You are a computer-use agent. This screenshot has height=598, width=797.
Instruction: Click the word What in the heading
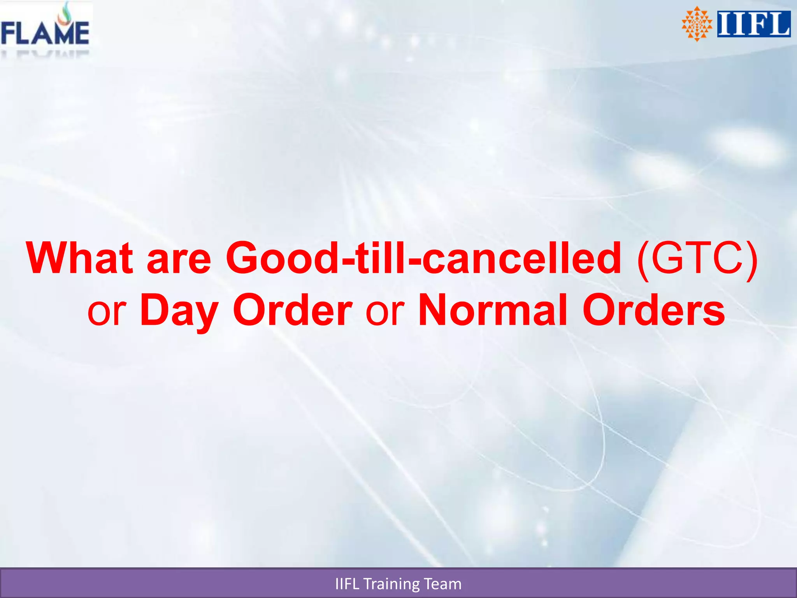(80, 258)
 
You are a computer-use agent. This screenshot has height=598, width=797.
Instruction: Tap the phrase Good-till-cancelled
(423, 258)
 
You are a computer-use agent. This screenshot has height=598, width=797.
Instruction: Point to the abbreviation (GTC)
(697, 259)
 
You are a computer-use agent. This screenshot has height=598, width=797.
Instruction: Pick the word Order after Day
(292, 310)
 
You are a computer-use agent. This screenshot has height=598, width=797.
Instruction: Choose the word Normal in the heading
(492, 310)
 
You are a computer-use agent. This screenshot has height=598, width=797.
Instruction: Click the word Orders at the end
(653, 310)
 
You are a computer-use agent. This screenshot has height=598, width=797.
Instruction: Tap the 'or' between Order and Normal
(385, 313)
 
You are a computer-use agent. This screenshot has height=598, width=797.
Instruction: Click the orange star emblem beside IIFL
(697, 24)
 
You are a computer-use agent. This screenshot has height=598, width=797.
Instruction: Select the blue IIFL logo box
(754, 24)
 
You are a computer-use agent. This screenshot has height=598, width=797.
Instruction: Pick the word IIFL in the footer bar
(347, 584)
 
